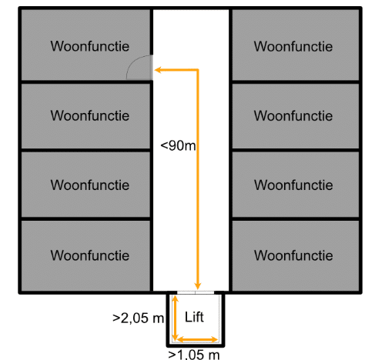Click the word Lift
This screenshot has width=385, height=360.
click(194, 317)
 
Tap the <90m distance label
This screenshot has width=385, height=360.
click(178, 145)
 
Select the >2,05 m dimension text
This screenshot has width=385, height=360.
click(138, 318)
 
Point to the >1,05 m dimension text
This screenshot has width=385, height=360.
click(194, 355)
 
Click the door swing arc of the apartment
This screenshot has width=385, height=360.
click(132, 62)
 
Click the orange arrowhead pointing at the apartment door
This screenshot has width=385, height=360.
click(158, 70)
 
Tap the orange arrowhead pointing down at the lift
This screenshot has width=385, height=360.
click(198, 285)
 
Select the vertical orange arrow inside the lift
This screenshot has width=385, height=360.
click(175, 318)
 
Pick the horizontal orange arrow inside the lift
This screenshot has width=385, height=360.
click(197, 340)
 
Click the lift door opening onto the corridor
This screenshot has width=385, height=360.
click(196, 292)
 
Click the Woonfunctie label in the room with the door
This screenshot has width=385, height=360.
click(90, 46)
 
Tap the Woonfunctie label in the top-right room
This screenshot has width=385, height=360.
click(293, 46)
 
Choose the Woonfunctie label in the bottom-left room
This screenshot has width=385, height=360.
click(90, 255)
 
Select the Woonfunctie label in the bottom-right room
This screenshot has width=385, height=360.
click(293, 255)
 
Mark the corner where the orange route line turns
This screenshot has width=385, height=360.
click(198, 70)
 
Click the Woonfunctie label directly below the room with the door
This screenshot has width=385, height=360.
click(90, 115)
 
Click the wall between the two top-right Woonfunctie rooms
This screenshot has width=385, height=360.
click(296, 82)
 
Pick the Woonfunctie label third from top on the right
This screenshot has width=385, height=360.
click(293, 185)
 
